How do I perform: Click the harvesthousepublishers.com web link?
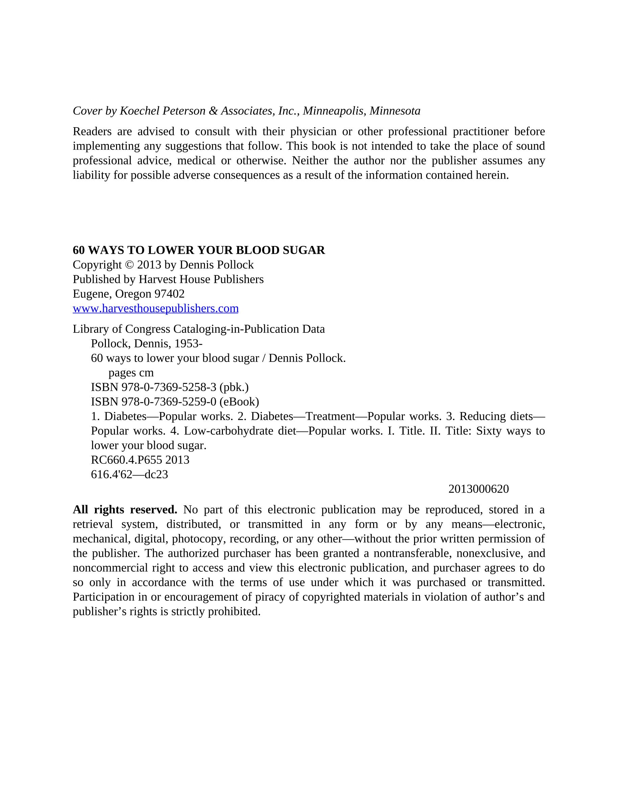(x=155, y=308)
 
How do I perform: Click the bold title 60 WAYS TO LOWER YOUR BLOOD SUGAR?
(x=199, y=250)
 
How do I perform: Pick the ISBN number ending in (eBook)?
(x=175, y=402)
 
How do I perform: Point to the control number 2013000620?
(x=478, y=489)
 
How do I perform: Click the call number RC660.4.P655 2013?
(x=140, y=460)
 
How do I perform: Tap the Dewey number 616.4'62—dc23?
(x=129, y=475)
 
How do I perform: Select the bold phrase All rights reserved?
(x=125, y=510)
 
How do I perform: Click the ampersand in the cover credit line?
(x=213, y=111)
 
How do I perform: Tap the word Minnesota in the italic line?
(x=394, y=111)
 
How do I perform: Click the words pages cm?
(x=131, y=373)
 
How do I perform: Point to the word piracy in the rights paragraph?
(x=270, y=597)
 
